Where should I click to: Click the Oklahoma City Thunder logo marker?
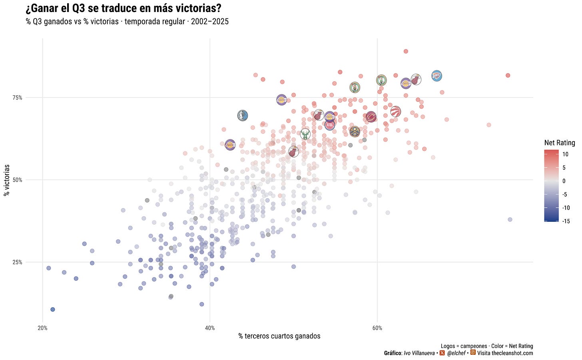(436, 76)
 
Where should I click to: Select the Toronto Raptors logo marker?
(395, 112)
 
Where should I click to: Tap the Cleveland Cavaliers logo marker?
(371, 117)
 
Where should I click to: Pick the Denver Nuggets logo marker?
(355, 132)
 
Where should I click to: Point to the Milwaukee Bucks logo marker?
(305, 134)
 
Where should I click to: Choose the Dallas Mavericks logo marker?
(242, 115)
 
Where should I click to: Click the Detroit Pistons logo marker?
(329, 125)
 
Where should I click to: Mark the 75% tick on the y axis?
(18, 97)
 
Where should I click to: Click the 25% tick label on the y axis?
(18, 263)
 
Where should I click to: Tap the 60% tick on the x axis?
(377, 328)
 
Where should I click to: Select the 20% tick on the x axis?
(43, 328)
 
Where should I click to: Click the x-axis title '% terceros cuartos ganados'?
(279, 336)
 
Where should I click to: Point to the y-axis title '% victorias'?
(7, 180)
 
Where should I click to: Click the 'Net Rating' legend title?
(560, 143)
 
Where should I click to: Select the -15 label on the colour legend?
(566, 221)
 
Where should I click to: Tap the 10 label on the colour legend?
(565, 154)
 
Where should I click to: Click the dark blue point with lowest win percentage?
(52, 309)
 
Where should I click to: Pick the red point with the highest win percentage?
(406, 52)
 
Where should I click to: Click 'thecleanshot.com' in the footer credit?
(512, 353)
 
